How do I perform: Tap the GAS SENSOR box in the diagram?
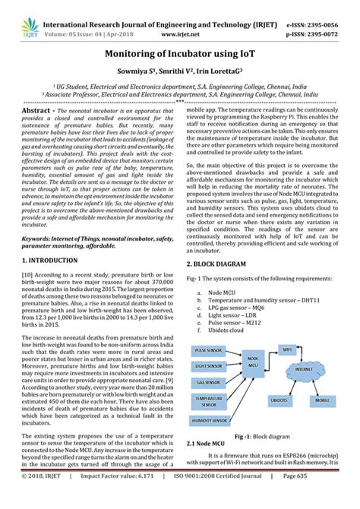click(x=207, y=381)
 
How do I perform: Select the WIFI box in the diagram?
click(x=287, y=349)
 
